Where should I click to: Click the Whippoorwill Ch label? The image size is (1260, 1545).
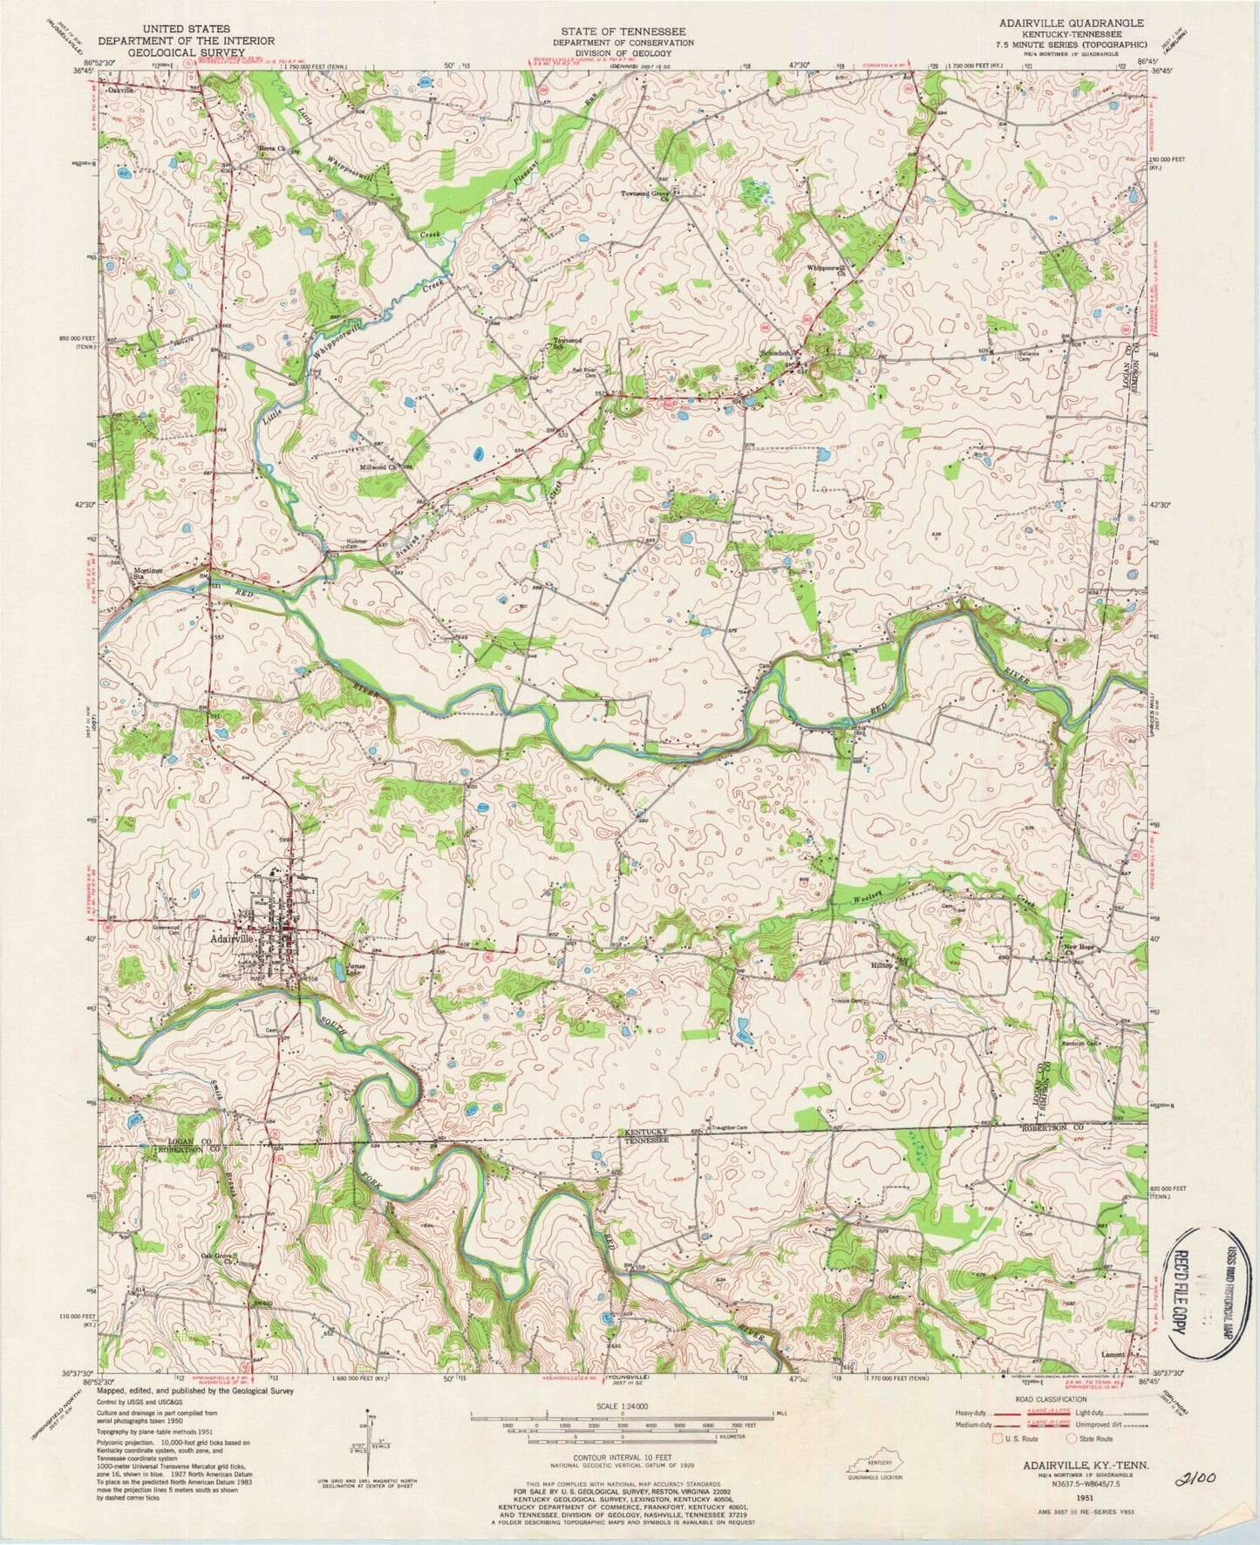coord(828,271)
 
